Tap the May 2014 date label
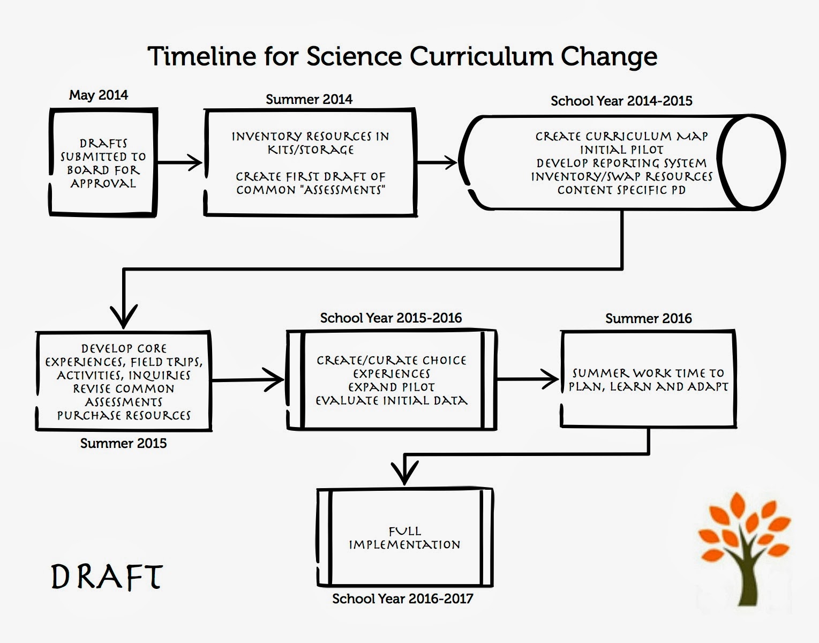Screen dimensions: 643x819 99,95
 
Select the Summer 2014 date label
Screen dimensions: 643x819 309,99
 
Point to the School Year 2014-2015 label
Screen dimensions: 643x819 621,101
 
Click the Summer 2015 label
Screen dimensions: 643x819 123,443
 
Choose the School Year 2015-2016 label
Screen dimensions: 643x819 391,318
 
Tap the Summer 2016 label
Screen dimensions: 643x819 648,318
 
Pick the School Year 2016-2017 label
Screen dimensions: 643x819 403,599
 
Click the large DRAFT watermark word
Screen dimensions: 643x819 107,577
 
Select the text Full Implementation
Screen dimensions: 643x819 404,538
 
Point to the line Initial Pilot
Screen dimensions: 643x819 621,149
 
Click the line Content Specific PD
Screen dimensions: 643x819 621,190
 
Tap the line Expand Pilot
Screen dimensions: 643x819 392,387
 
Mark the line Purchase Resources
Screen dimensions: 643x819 124,415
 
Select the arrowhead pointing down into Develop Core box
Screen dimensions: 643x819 124,316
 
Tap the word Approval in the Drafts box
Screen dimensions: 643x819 103,183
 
